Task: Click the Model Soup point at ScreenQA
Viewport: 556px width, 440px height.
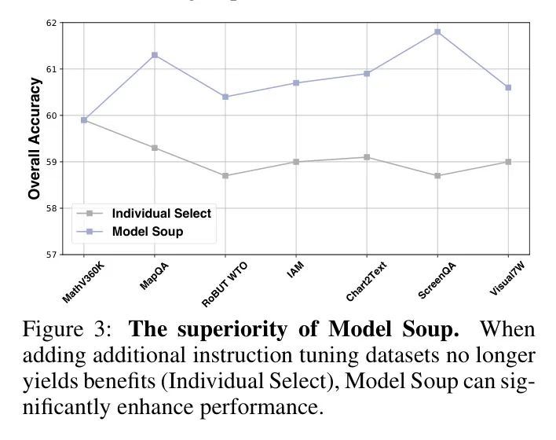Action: pyautogui.click(x=437, y=31)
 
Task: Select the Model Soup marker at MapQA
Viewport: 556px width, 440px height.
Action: pyautogui.click(x=155, y=55)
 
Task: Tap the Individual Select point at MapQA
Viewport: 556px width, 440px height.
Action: pyautogui.click(x=155, y=148)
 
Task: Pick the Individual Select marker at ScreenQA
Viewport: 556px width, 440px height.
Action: pyautogui.click(x=437, y=175)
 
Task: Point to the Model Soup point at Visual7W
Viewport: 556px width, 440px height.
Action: pyautogui.click(x=508, y=87)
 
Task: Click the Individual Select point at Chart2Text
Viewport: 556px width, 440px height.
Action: pyautogui.click(x=367, y=157)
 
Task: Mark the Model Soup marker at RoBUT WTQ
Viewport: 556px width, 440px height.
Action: pyautogui.click(x=225, y=97)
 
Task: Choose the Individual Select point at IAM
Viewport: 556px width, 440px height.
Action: pyautogui.click(x=296, y=162)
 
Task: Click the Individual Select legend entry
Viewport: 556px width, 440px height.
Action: pyautogui.click(x=161, y=213)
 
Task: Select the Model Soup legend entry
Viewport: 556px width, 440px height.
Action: pyautogui.click(x=148, y=231)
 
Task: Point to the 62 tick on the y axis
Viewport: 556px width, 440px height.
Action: pyautogui.click(x=52, y=23)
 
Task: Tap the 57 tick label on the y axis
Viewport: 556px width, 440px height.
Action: pyautogui.click(x=52, y=255)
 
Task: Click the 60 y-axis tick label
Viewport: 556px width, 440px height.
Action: pyautogui.click(x=52, y=115)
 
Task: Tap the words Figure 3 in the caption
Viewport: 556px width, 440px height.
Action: pyautogui.click(x=60, y=328)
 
